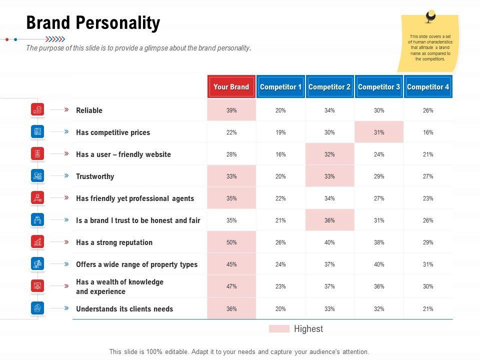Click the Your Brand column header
(231, 87)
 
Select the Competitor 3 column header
(379, 87)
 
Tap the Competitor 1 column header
(280, 87)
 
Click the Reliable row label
(89, 110)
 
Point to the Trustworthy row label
(95, 176)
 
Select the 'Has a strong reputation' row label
(114, 242)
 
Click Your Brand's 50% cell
(231, 242)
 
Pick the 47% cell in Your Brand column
(231, 286)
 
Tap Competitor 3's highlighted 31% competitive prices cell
(379, 132)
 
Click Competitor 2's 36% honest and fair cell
(329, 220)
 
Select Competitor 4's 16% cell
(428, 132)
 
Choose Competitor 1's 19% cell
(280, 132)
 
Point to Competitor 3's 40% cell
(379, 264)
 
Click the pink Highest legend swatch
(279, 329)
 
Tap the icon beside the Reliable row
(37, 109)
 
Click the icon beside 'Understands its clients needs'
(37, 308)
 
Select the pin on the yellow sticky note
(430, 16)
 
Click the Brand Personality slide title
(93, 23)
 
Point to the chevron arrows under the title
(55, 39)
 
